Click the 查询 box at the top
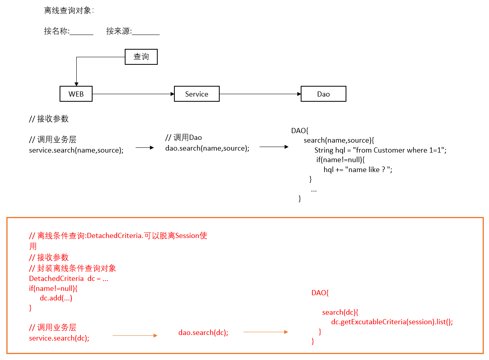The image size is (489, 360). tap(141, 57)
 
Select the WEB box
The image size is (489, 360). tap(76, 94)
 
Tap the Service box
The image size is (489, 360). tap(197, 94)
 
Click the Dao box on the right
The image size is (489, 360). tap(323, 94)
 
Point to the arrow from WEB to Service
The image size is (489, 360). tap(133, 94)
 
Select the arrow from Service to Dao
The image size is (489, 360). tap(260, 94)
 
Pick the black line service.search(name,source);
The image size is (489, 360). tap(76, 150)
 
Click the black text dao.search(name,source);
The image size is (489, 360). tap(207, 148)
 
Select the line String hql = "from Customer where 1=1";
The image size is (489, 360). tap(380, 150)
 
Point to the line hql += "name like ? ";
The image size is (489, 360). tap(358, 170)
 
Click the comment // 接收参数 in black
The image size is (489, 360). tap(49, 119)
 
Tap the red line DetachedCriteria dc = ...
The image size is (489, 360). tap(69, 279)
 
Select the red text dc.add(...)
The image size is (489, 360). tap(56, 298)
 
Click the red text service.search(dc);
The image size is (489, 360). tap(59, 338)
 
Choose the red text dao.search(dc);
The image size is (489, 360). tap(203, 333)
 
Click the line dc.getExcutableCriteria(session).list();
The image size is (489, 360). tap(392, 322)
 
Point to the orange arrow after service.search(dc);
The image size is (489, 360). tap(135, 336)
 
